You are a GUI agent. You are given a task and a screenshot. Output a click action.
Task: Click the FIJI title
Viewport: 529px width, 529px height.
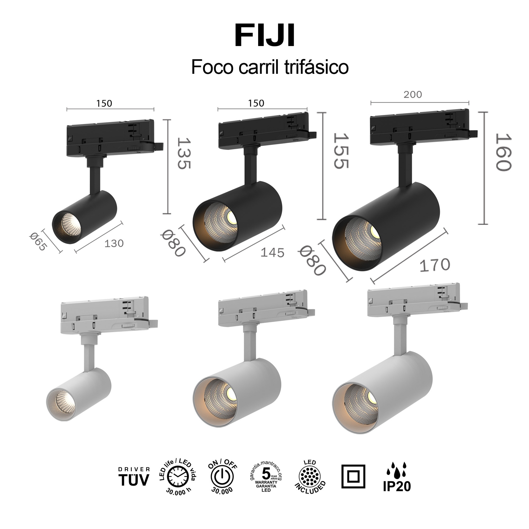point(265,36)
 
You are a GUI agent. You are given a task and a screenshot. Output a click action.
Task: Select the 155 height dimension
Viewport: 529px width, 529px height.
point(341,151)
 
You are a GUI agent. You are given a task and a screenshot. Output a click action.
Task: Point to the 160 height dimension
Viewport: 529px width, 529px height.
point(503,152)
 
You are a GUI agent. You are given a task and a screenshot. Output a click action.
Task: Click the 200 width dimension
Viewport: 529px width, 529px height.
point(413,95)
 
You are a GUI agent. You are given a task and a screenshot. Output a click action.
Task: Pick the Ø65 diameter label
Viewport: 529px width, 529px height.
point(38,242)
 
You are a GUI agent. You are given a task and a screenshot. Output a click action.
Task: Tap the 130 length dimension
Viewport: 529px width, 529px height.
point(114,243)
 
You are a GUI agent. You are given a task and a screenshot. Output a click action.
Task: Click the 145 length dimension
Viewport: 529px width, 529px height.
point(272,252)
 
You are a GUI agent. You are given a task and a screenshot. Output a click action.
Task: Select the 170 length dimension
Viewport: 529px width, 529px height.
point(434,265)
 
